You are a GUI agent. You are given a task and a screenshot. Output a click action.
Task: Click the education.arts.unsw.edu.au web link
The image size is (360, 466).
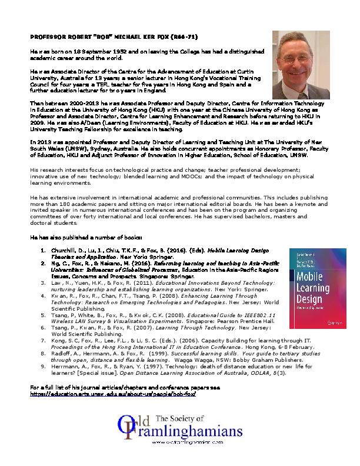[111, 377]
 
